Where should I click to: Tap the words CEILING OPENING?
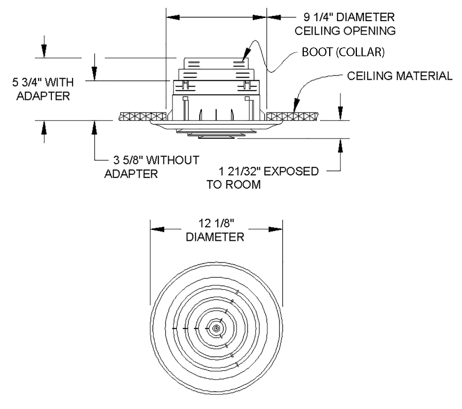click(x=345, y=31)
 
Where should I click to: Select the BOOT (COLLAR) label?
click(x=343, y=52)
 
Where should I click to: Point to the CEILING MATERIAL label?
click(x=400, y=76)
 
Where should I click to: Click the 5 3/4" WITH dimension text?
click(x=43, y=82)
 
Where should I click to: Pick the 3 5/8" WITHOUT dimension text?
click(x=156, y=160)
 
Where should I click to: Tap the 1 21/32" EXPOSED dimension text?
click(x=269, y=171)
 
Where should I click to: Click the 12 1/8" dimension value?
click(x=216, y=223)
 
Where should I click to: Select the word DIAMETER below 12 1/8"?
click(x=215, y=237)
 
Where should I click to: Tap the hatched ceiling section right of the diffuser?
click(x=293, y=116)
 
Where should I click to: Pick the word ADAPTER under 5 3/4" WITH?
click(x=43, y=96)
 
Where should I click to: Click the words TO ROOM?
click(x=234, y=184)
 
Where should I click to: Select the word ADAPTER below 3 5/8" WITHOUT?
click(x=131, y=174)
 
